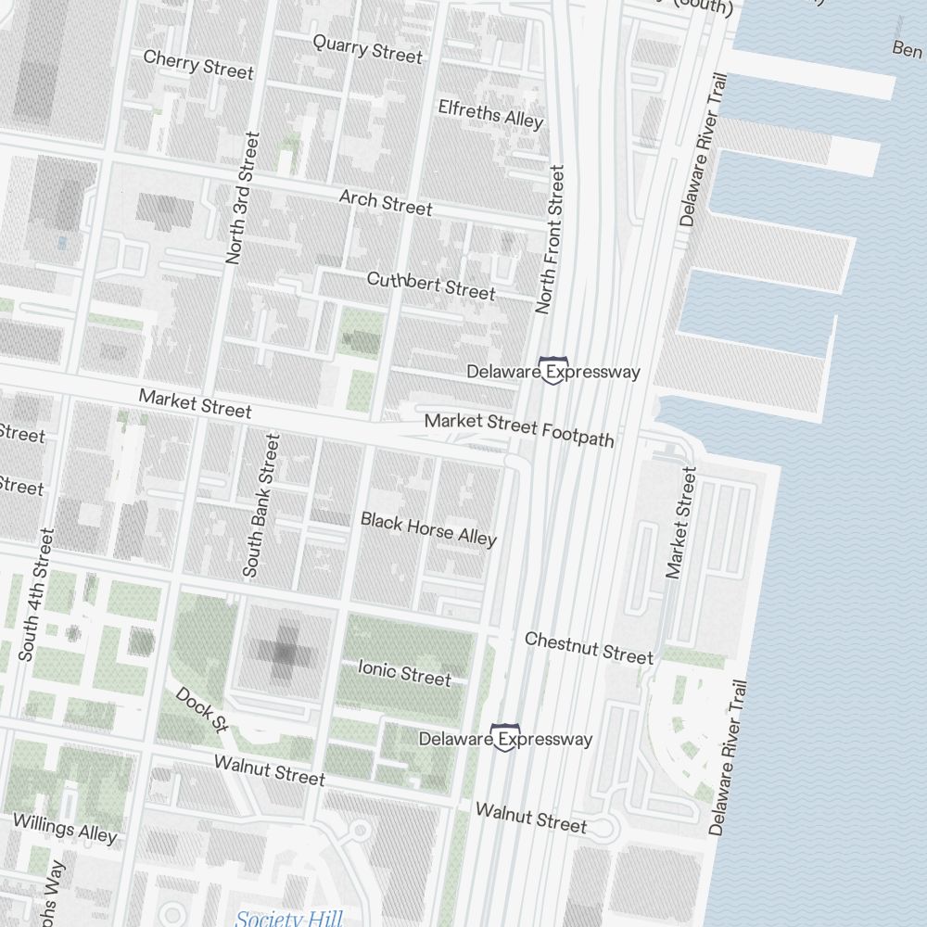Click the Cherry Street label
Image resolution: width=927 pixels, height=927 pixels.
[198, 65]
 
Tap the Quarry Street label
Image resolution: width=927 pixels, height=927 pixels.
[367, 48]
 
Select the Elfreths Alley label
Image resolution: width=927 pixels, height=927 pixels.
[490, 113]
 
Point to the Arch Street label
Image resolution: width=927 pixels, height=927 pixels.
[385, 203]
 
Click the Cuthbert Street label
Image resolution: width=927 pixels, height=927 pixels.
[431, 286]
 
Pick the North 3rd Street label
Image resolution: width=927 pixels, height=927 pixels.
[243, 198]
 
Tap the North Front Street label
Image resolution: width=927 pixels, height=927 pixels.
[550, 239]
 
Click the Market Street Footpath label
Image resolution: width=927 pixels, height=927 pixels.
[519, 430]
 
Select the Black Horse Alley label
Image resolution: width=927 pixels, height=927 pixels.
[428, 528]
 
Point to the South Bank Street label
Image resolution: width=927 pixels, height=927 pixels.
[260, 506]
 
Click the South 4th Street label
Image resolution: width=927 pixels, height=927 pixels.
[38, 594]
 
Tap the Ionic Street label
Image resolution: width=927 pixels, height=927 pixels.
[404, 673]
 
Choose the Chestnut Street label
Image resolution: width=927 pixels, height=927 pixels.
[589, 647]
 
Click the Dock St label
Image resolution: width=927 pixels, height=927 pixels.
[201, 709]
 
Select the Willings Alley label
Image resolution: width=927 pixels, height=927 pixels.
[65, 828]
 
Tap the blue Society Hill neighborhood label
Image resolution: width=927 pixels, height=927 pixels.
[288, 918]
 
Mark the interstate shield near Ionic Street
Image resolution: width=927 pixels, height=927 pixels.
[505, 738]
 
